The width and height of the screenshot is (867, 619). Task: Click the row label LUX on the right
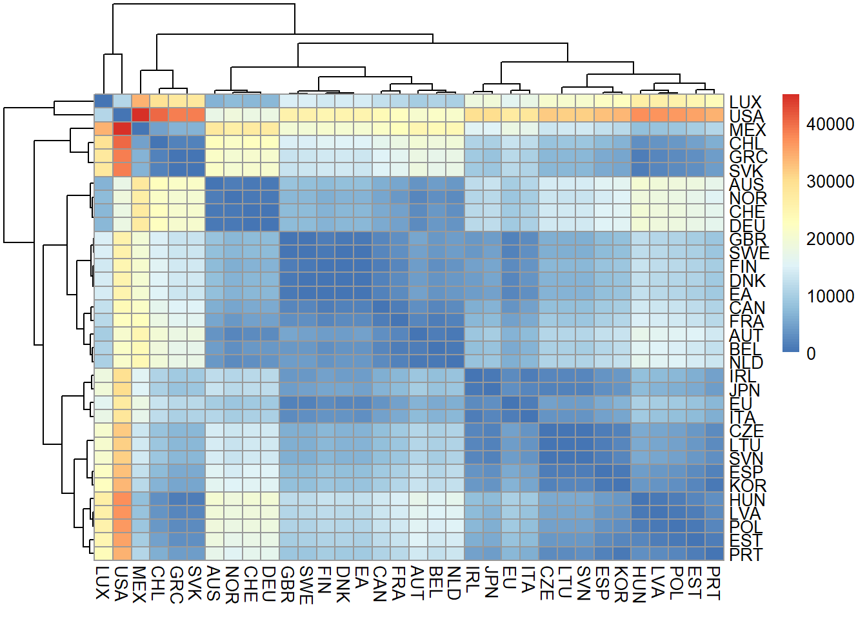745,102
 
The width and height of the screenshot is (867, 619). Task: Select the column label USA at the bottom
121,584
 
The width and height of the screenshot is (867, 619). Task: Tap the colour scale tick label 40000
830,124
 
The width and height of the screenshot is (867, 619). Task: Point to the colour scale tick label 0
811,353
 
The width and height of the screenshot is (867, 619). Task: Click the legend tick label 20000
830,239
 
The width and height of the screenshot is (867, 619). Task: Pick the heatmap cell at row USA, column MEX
140,115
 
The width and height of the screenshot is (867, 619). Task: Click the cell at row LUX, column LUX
103,101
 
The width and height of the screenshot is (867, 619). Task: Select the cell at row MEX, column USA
122,128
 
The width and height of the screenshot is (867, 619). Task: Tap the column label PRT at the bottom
713,583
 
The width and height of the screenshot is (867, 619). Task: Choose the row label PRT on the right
745,554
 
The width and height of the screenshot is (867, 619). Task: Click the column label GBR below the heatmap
288,584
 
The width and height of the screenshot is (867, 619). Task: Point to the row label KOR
747,486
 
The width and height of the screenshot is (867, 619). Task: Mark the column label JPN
492,583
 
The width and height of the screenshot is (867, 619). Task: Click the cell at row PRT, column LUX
103,553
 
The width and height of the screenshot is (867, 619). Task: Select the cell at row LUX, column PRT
714,101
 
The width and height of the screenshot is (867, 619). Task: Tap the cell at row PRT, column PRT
714,553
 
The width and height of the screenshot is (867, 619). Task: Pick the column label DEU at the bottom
269,584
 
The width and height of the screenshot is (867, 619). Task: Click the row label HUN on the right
747,499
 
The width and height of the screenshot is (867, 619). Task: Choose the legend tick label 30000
830,182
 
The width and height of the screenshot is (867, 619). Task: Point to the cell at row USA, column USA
122,115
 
